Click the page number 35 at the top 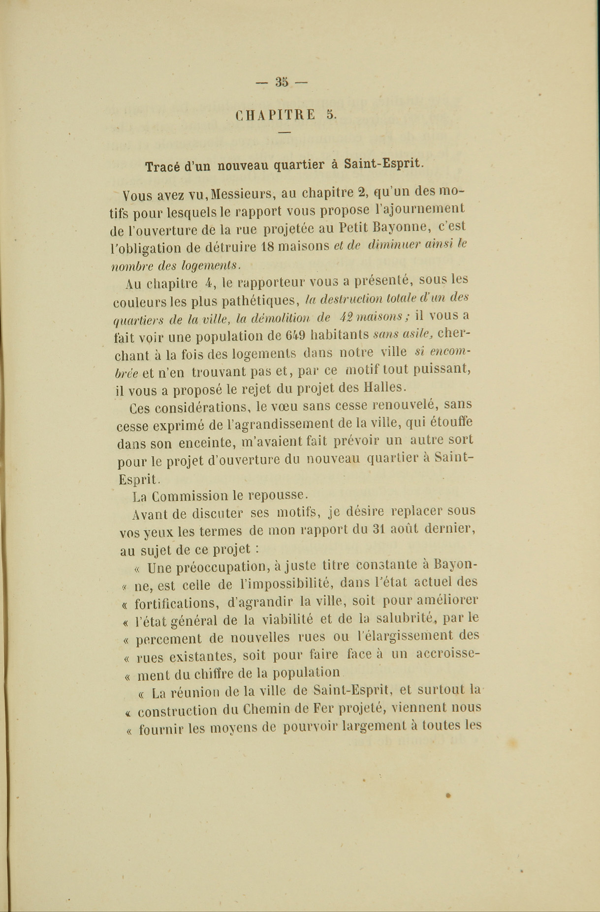(282, 82)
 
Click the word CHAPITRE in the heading (276, 115)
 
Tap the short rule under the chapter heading (284, 132)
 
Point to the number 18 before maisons (267, 246)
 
